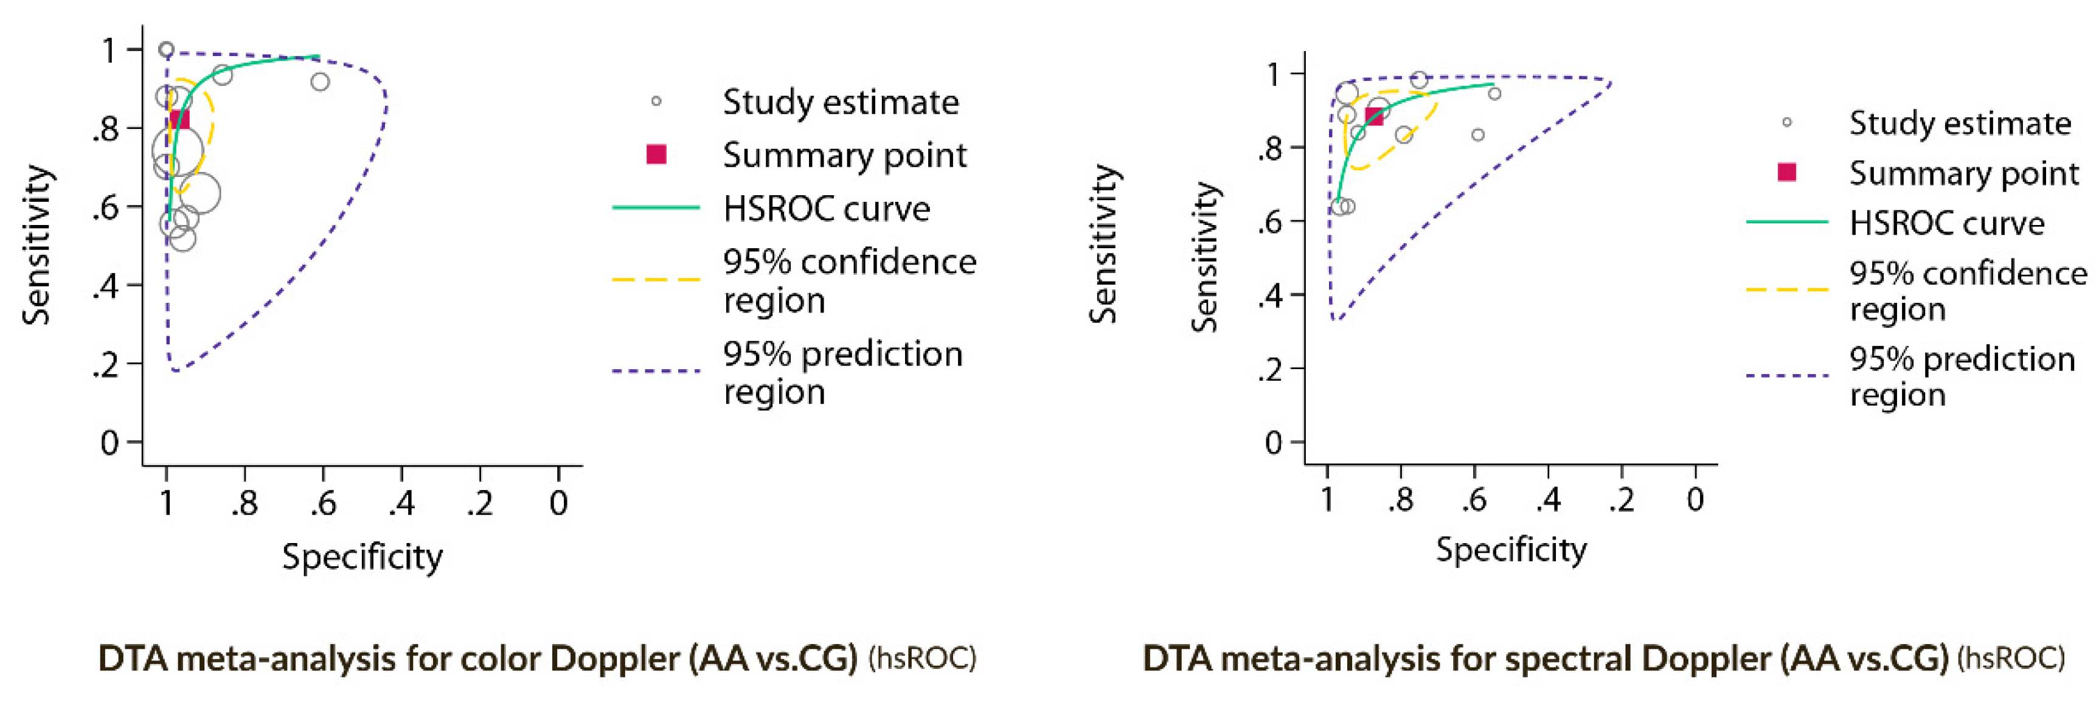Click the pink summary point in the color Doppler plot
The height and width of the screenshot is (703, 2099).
(178, 120)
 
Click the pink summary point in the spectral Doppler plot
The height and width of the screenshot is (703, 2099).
(1374, 116)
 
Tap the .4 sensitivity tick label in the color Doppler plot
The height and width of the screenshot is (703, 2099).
(106, 287)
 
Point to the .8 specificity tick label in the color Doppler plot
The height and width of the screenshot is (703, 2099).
(244, 504)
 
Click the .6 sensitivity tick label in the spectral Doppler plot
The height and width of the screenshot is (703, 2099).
(1271, 221)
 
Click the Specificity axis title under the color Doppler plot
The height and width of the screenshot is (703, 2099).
(362, 557)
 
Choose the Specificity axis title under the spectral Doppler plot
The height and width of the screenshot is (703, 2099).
(1511, 550)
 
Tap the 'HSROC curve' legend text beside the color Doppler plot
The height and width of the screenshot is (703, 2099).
(826, 209)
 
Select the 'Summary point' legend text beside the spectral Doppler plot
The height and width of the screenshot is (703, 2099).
(1964, 173)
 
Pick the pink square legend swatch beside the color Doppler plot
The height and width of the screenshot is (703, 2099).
(656, 154)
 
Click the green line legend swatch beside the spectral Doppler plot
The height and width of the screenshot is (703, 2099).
(1787, 221)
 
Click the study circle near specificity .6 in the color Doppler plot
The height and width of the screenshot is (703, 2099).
(320, 82)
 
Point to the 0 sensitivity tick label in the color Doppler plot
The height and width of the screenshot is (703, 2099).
(110, 443)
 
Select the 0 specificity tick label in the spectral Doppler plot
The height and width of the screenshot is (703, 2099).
(1695, 499)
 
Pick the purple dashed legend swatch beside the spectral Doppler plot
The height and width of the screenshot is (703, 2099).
(1787, 376)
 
